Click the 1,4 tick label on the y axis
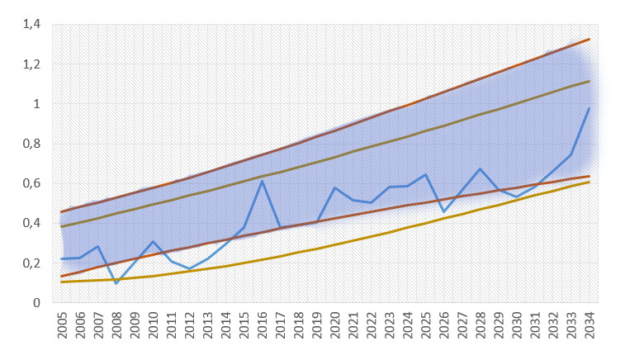tap(31, 25)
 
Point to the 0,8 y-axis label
tap(31, 144)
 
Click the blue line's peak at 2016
tap(262, 180)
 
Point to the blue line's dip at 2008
tap(116, 283)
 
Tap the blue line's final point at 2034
tap(589, 108)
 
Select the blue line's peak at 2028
tap(480, 169)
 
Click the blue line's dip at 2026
tap(443, 212)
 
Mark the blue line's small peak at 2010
tap(153, 241)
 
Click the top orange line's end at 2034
tap(589, 39)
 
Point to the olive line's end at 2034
tap(589, 81)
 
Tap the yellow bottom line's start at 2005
tap(62, 282)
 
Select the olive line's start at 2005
tap(62, 226)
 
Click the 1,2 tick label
tap(31, 64)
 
